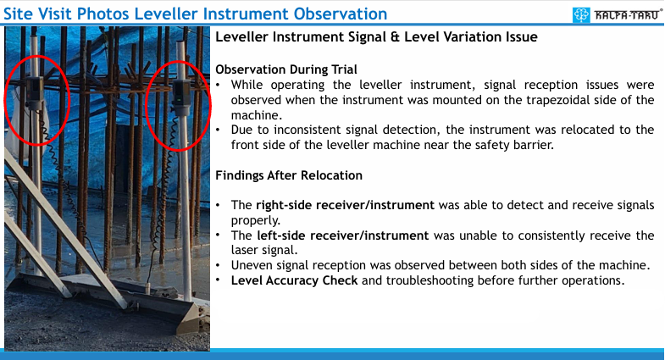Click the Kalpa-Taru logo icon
pyautogui.click(x=581, y=15)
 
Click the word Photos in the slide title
pyautogui.click(x=103, y=14)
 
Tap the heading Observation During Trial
pyautogui.click(x=286, y=69)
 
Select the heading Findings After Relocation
pyautogui.click(x=289, y=175)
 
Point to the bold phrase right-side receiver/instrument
pyautogui.click(x=346, y=205)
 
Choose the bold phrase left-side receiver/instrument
pyautogui.click(x=343, y=235)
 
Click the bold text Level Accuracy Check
pyautogui.click(x=294, y=280)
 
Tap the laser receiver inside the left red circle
pyautogui.click(x=35, y=93)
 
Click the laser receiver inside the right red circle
pyautogui.click(x=181, y=98)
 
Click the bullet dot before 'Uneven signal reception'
pyautogui.click(x=218, y=266)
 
